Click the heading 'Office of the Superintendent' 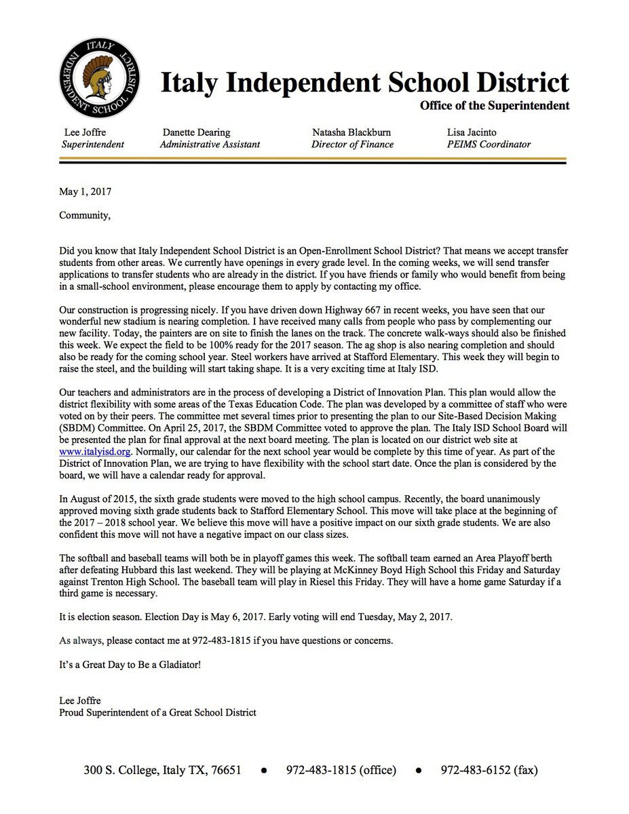coord(494,106)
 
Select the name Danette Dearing coord(196,132)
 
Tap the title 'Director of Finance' coord(352,144)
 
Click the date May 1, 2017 coord(85,192)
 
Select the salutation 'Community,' coord(84,216)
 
